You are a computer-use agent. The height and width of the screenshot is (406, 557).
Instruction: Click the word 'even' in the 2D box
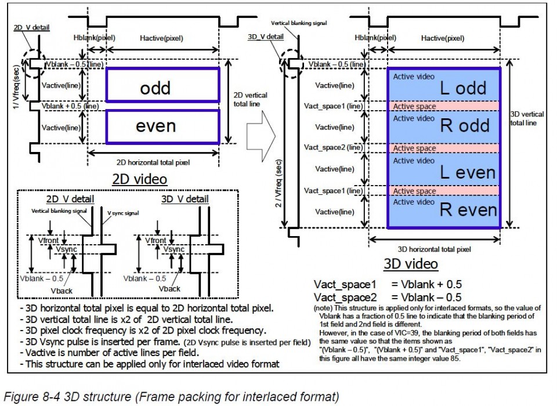coord(155,126)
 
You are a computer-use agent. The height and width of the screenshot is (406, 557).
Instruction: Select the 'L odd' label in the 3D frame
coord(463,89)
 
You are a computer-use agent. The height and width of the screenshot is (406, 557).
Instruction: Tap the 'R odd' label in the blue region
coord(465,125)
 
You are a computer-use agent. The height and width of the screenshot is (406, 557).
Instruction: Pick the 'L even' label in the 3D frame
coord(467,172)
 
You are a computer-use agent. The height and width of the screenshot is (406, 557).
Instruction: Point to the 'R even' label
coord(468,210)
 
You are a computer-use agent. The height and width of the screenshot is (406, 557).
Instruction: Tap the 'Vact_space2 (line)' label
coord(333,147)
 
